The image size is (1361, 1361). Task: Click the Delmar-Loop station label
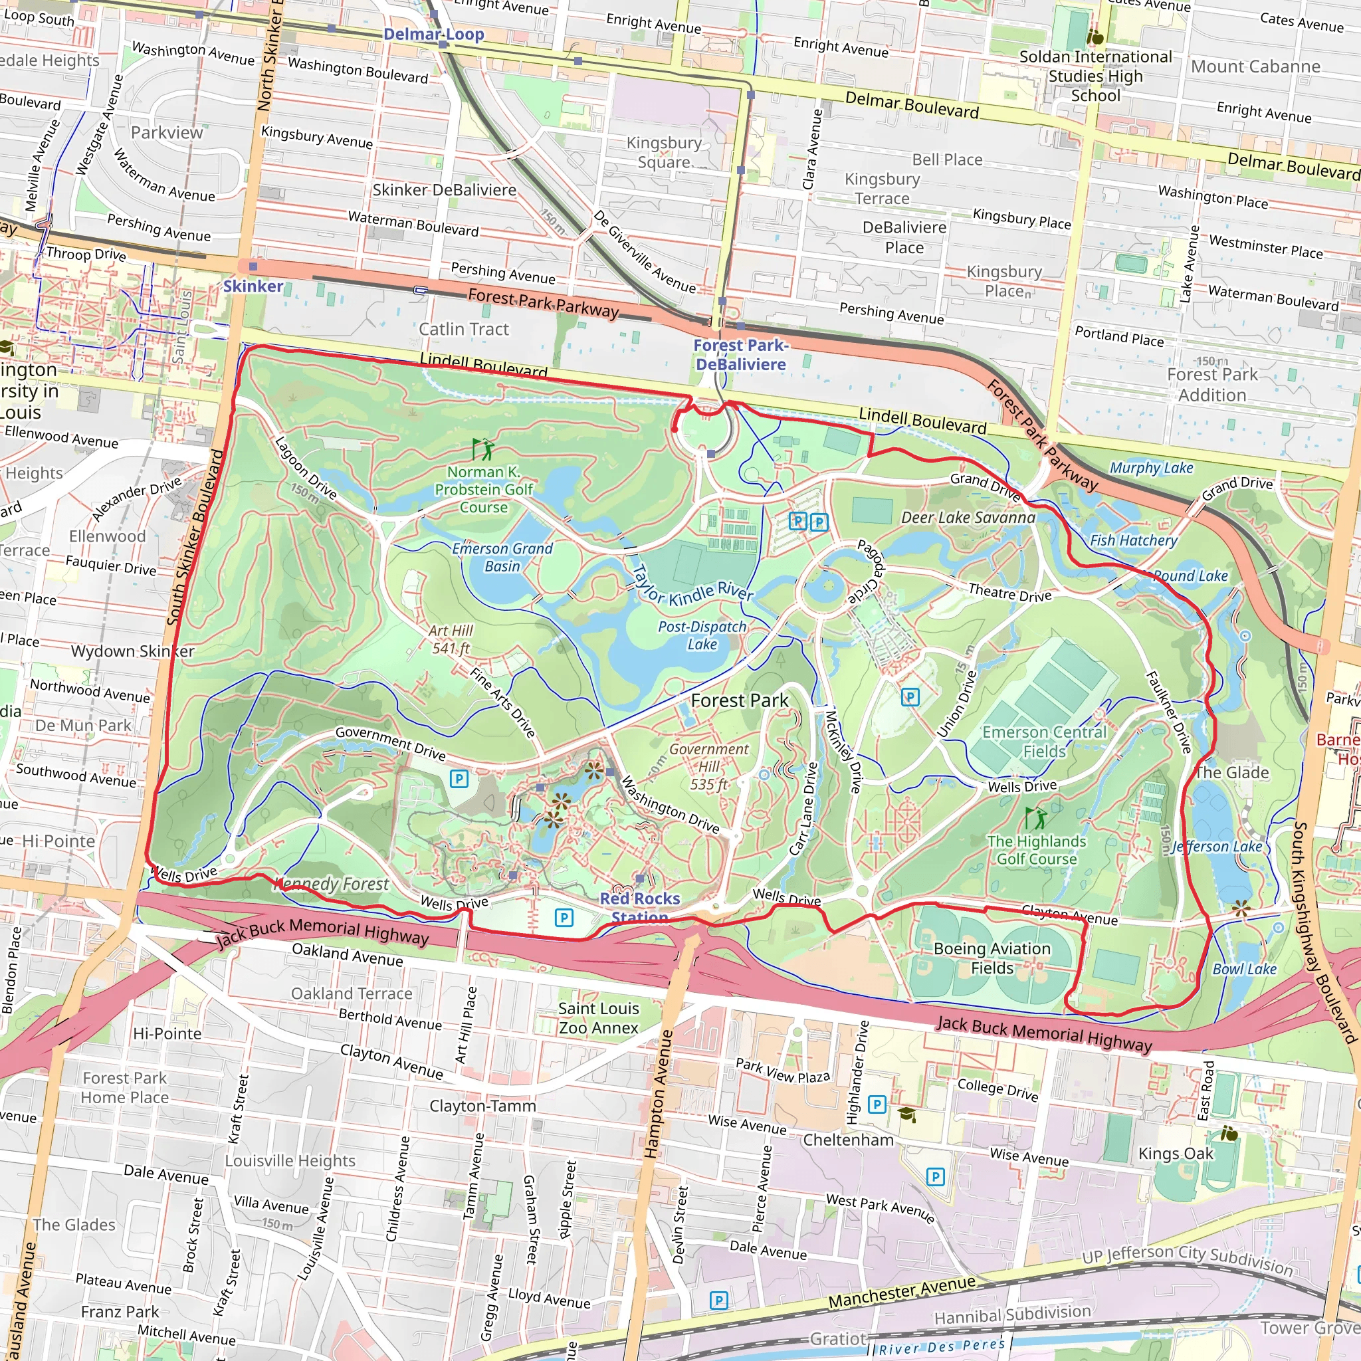point(433,34)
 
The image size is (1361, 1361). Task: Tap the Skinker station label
point(253,286)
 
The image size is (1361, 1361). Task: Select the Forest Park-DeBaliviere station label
point(740,354)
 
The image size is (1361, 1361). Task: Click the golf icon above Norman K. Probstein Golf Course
point(482,449)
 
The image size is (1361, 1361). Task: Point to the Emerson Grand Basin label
point(502,557)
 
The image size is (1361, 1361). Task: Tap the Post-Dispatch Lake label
point(702,635)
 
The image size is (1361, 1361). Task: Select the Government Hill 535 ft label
point(708,766)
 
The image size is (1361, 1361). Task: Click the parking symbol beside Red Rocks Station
point(564,917)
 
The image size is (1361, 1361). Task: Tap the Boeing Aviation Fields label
point(992,958)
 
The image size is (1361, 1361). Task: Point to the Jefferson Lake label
point(1217,847)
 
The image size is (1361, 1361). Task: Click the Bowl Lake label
point(1244,969)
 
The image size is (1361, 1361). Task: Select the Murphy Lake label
point(1151,468)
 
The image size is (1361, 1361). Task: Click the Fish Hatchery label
point(1134,540)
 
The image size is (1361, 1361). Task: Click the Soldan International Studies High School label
point(1095,76)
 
